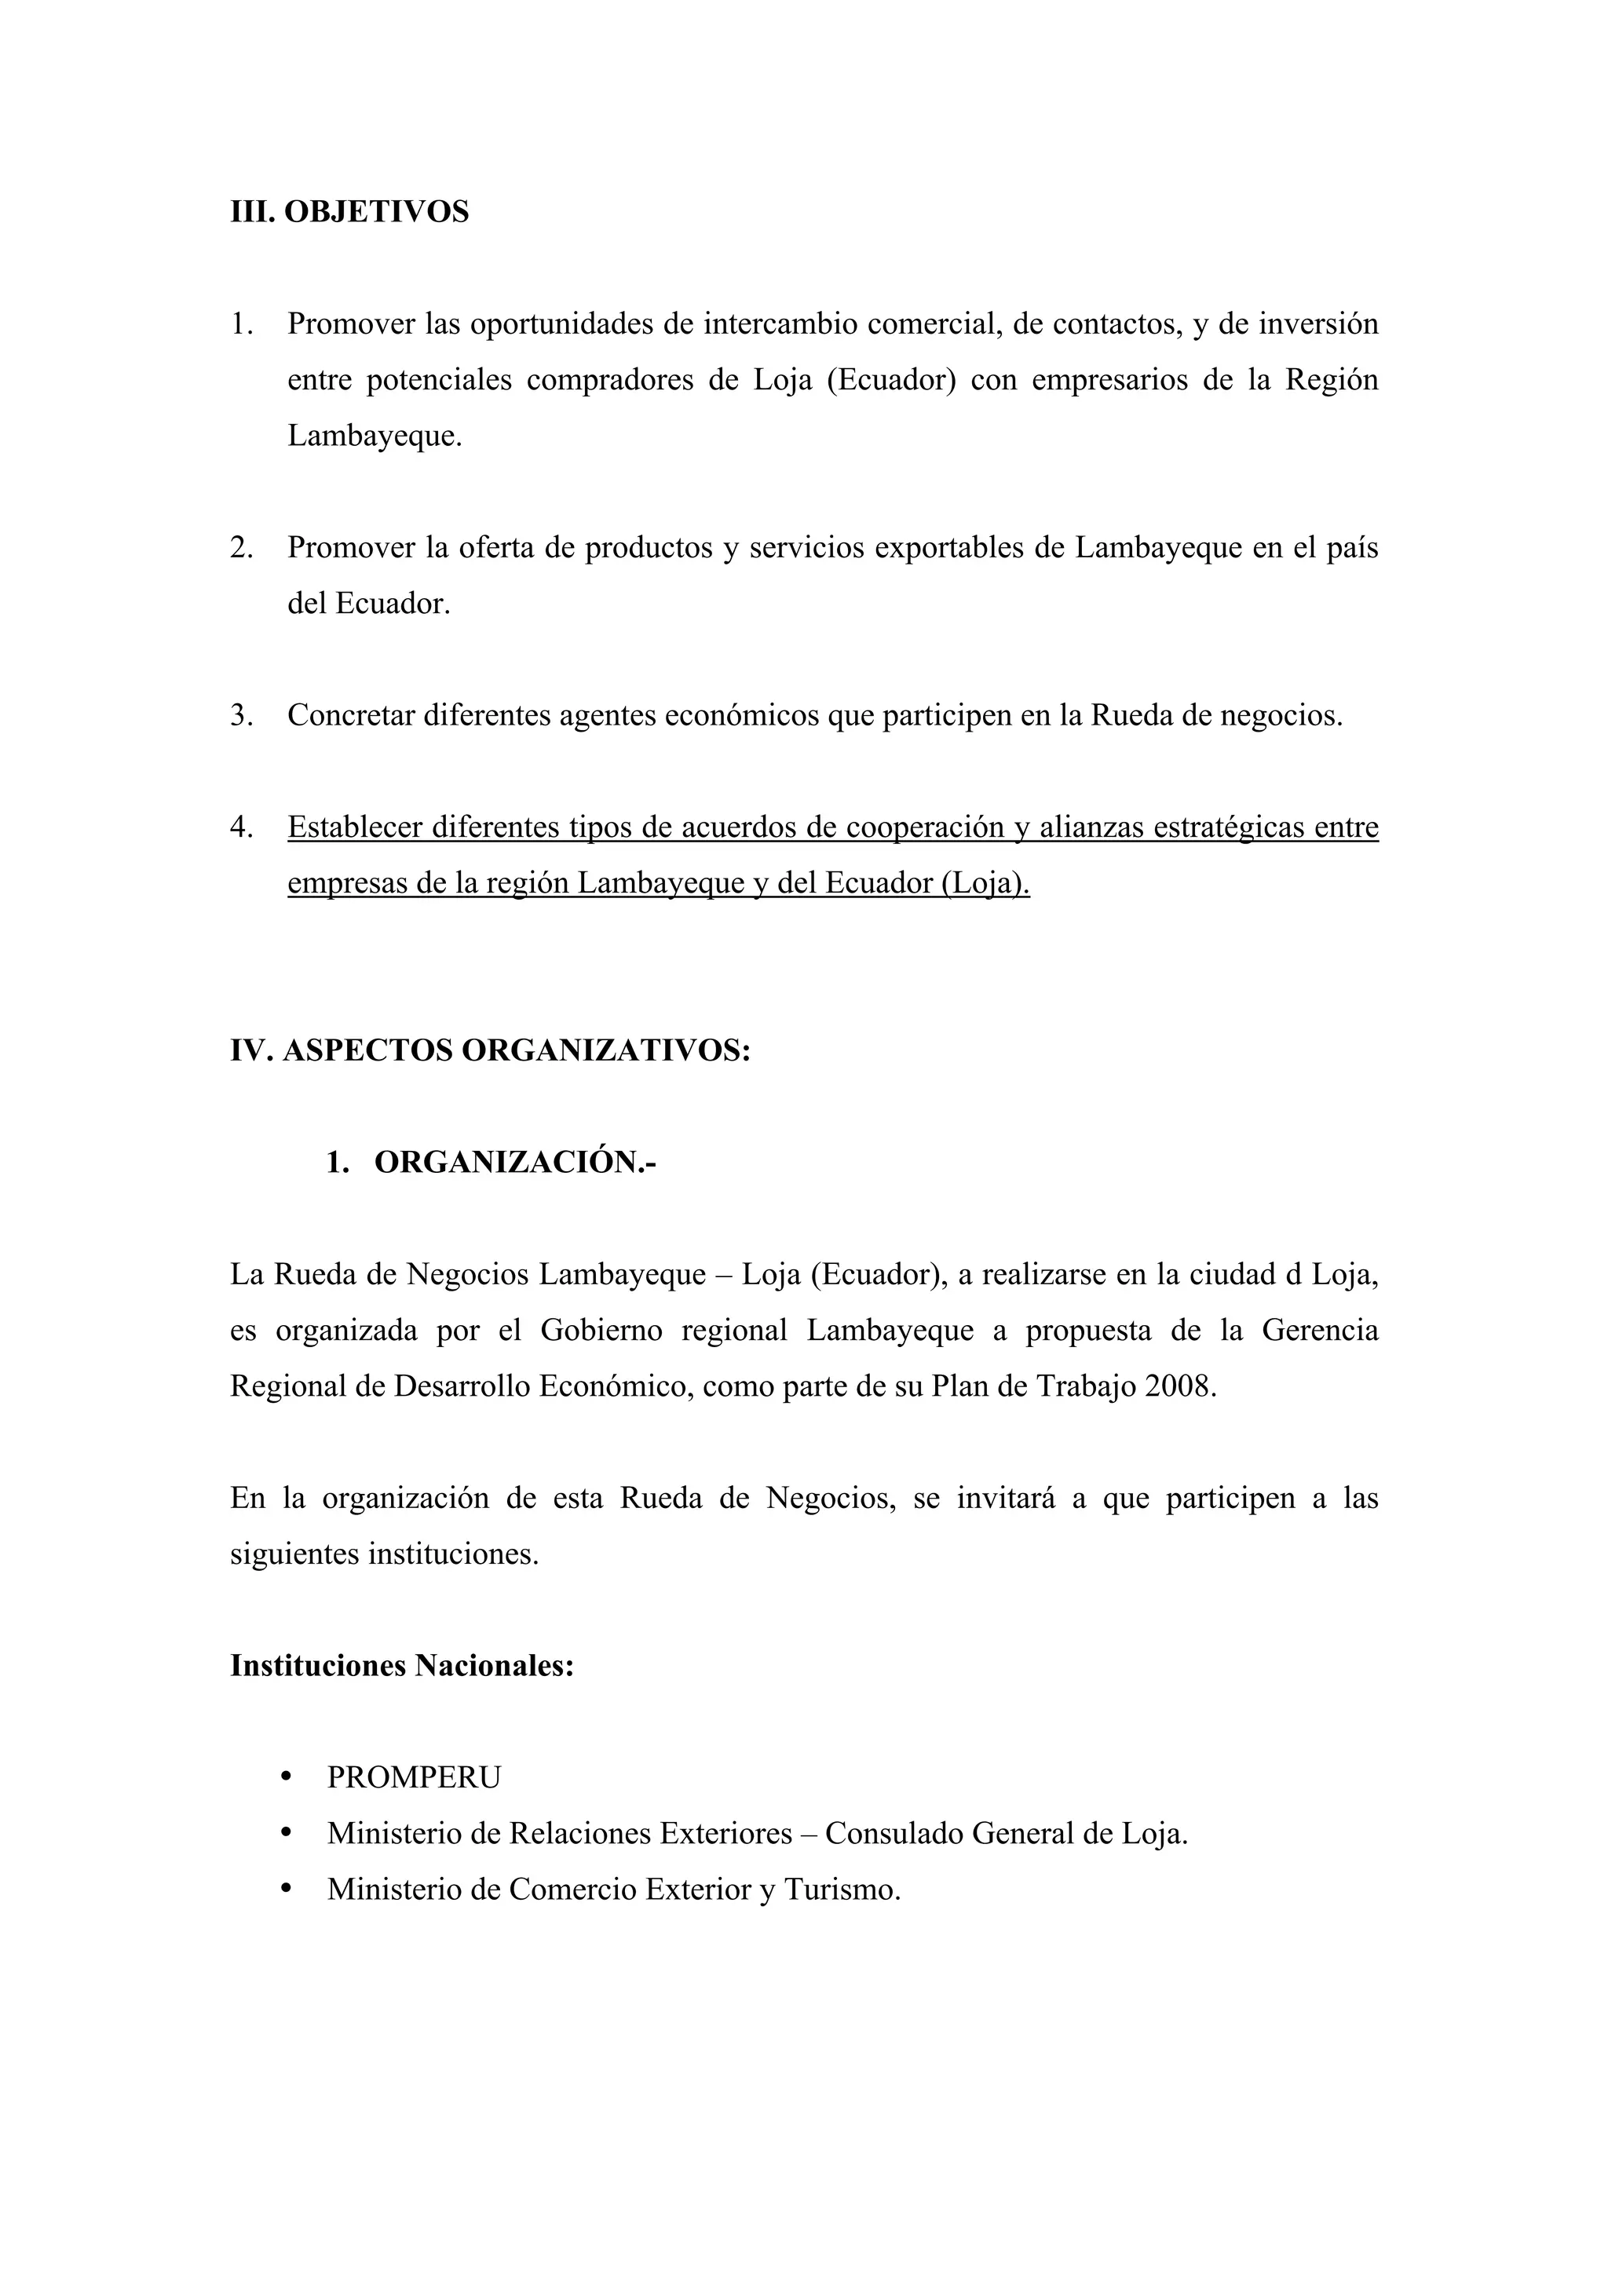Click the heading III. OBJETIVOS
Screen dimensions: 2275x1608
coord(349,212)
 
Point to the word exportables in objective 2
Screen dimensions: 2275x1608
coord(949,548)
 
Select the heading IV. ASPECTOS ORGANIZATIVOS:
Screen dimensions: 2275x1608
coord(491,1050)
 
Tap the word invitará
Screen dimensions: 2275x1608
coord(1003,1497)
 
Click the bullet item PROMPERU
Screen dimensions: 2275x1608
coord(414,1777)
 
